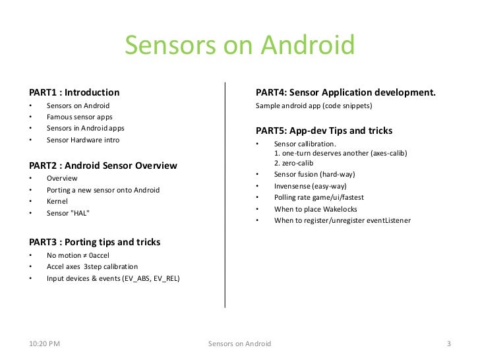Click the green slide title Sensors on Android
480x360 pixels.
(239, 45)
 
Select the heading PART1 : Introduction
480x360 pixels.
(73, 92)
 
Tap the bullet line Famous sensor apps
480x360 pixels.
(79, 117)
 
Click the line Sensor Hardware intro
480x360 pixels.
(83, 140)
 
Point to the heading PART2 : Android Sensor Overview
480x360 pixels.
(102, 165)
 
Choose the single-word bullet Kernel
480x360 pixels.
(57, 200)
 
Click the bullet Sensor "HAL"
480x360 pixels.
(67, 212)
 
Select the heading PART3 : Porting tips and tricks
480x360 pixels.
(94, 242)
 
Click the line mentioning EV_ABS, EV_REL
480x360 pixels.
(113, 278)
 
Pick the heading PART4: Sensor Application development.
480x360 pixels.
(345, 92)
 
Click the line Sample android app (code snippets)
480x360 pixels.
(314, 105)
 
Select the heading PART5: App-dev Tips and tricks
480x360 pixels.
(324, 130)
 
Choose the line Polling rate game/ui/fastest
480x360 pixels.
(319, 197)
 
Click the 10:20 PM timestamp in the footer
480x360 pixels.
(45, 344)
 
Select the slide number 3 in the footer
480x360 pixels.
(448, 344)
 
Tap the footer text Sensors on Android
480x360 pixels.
(239, 344)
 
